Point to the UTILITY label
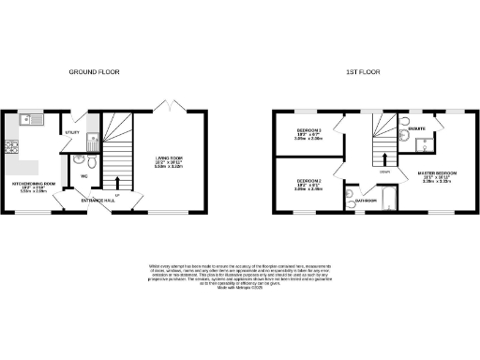(71, 133)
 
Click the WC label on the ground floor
(83, 175)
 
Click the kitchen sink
(30, 120)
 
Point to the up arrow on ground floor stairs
(116, 183)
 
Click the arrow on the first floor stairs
(384, 156)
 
